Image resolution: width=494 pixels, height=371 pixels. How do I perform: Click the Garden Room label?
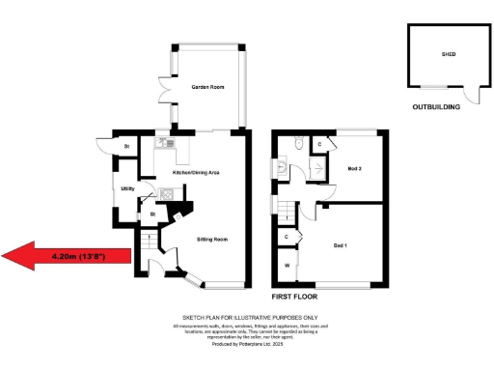pos(207,87)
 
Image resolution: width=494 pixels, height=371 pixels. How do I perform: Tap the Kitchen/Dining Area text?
pos(197,172)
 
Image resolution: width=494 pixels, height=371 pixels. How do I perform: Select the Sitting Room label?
pos(212,238)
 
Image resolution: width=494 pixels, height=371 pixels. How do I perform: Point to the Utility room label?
pos(127,188)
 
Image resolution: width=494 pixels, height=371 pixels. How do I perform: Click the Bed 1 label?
pos(340,246)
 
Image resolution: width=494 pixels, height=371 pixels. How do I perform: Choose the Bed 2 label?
pos(354,168)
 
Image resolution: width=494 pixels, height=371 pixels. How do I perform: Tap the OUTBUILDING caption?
pos(436,107)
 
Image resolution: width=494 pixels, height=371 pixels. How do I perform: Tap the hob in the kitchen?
pos(166,193)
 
